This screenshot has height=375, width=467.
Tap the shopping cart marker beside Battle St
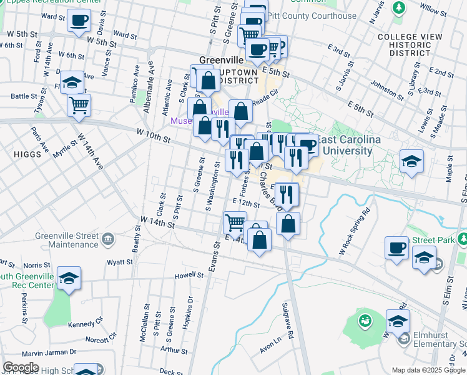click(x=79, y=105)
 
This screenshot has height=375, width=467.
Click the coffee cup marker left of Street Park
click(x=396, y=248)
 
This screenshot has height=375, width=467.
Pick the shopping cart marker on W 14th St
click(x=235, y=222)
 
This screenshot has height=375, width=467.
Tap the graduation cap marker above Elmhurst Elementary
click(x=398, y=321)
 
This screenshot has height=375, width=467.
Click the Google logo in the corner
click(x=21, y=367)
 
